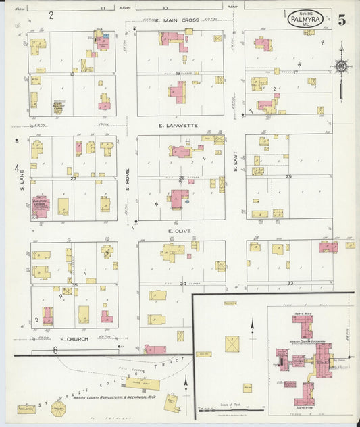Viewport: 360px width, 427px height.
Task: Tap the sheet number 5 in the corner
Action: (342, 20)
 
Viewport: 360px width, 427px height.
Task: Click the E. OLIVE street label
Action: (180, 231)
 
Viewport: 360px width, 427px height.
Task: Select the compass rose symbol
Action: (341, 66)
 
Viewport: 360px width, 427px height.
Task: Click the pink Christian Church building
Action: (40, 206)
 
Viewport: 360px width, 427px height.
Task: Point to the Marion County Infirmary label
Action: (307, 342)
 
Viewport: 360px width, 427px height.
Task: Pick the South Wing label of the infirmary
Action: (305, 407)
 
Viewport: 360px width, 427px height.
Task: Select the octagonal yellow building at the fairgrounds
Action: (59, 408)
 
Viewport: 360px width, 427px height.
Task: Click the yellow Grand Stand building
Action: (143, 384)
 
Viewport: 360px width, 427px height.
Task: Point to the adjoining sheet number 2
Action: (51, 15)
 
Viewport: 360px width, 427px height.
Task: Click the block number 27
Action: (73, 179)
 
